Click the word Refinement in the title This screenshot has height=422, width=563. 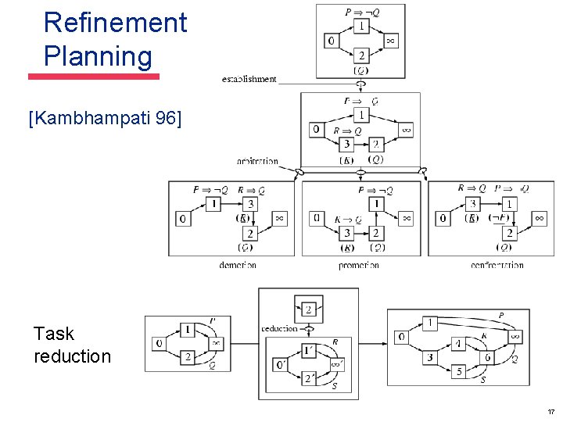point(115,23)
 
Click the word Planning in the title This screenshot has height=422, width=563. point(98,56)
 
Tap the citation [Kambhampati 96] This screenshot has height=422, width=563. point(104,119)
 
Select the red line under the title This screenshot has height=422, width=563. point(94,77)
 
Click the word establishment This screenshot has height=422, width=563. point(249,79)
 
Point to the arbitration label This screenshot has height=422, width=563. point(257,162)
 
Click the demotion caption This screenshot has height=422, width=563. point(238,266)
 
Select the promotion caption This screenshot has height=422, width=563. point(359,266)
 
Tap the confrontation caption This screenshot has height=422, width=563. point(497,266)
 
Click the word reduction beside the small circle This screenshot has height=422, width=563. point(279,329)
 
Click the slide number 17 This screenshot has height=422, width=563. point(550,412)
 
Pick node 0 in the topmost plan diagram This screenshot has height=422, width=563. point(332,41)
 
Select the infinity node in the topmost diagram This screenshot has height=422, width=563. point(390,41)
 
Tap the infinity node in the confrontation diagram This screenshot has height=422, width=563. point(539,218)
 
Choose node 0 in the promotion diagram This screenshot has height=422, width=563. point(317,218)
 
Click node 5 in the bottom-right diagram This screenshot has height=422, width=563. point(460,372)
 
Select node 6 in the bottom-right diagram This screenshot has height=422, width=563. point(486,358)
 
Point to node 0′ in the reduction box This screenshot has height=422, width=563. point(281,365)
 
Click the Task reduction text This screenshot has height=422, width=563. point(72,345)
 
